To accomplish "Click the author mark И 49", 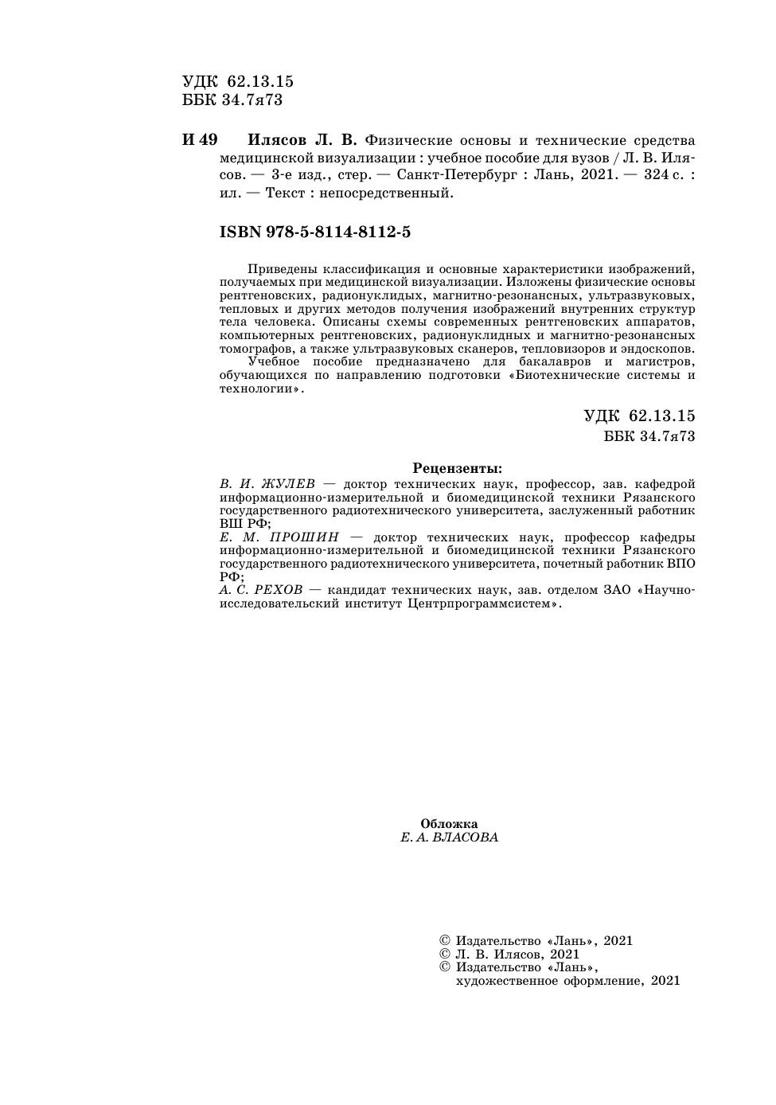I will (200, 140).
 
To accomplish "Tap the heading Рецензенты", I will (457, 468).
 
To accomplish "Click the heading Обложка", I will (449, 824).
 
